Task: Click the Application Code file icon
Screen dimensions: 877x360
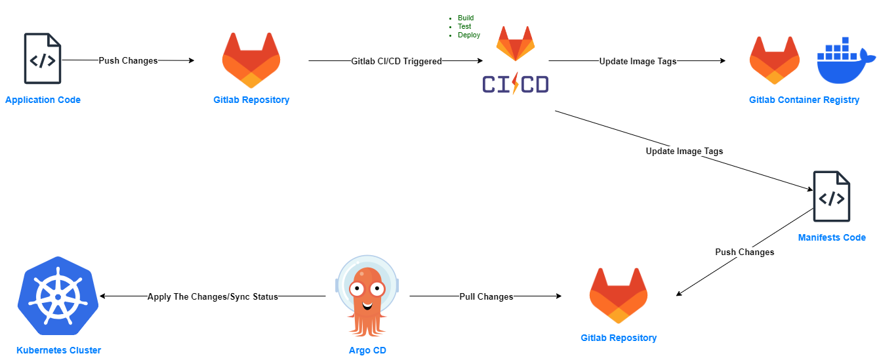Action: pyautogui.click(x=43, y=58)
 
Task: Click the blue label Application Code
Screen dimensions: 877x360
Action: pyautogui.click(x=43, y=100)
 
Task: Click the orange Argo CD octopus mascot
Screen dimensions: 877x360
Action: pyautogui.click(x=367, y=296)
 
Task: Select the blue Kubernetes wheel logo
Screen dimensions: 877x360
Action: pyautogui.click(x=58, y=296)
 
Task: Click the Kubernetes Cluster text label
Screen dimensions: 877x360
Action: pyautogui.click(x=59, y=350)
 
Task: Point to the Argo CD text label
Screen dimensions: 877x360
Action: pyautogui.click(x=367, y=350)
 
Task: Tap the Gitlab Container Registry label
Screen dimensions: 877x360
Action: pyautogui.click(x=804, y=100)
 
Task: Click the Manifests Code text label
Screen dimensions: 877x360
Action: pyautogui.click(x=832, y=237)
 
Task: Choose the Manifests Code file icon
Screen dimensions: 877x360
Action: pyautogui.click(x=832, y=197)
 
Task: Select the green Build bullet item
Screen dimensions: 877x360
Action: pyautogui.click(x=466, y=18)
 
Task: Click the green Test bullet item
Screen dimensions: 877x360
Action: pyautogui.click(x=464, y=27)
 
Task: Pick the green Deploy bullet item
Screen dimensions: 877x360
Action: pyautogui.click(x=468, y=35)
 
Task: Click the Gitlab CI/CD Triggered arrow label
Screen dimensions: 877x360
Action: pyautogui.click(x=396, y=62)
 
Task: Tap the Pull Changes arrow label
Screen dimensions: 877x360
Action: pyautogui.click(x=486, y=296)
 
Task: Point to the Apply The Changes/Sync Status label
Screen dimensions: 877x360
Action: pyautogui.click(x=213, y=296)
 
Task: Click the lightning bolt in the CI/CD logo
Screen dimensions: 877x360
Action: pyautogui.click(x=515, y=83)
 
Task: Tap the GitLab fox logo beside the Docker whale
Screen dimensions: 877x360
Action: pyautogui.click(x=775, y=60)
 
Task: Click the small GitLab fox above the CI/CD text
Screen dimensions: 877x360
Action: pyautogui.click(x=515, y=43)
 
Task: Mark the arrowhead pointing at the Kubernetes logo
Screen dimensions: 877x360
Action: pyautogui.click(x=102, y=296)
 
